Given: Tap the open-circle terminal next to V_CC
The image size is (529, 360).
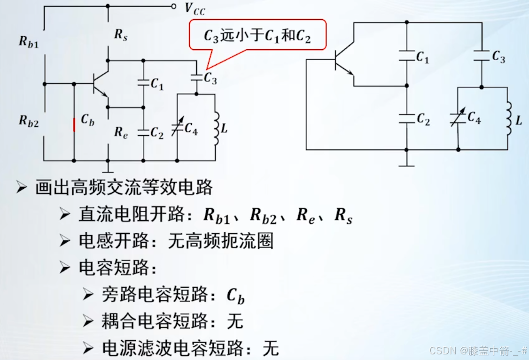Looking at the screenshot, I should [173, 7].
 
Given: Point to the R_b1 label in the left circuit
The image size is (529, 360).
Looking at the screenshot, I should [29, 41].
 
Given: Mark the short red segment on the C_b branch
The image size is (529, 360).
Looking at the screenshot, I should [74, 125].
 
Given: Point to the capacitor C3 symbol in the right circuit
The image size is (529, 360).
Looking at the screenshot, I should [482, 55].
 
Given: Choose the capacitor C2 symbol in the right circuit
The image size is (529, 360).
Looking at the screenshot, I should [406, 119].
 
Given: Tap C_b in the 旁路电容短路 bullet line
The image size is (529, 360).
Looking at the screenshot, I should [235, 296].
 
